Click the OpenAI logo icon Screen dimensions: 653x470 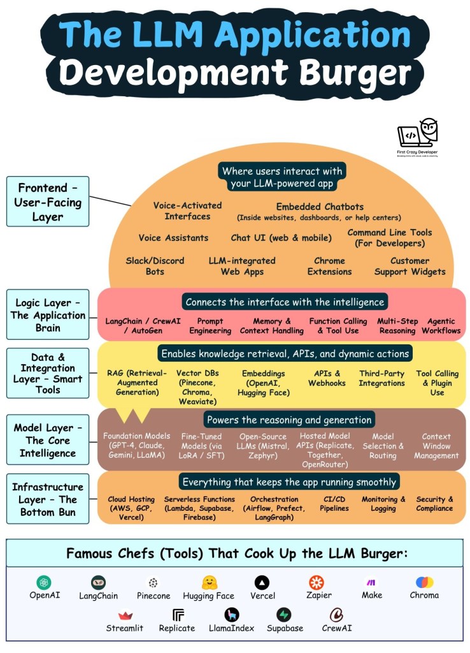44,582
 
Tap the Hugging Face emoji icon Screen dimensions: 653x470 208,582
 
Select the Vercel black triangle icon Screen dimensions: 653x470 262,582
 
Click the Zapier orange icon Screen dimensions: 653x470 317,582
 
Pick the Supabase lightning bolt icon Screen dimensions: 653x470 284,615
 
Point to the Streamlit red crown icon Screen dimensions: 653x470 125,615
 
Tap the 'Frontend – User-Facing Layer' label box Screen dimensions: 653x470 48,201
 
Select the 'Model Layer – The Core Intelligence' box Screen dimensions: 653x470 48,440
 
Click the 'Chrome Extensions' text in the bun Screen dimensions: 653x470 329,266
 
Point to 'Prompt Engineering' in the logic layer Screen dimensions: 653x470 210,326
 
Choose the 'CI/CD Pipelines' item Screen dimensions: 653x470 334,504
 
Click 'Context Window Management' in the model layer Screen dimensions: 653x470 436,446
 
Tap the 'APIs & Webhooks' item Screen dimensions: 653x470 327,378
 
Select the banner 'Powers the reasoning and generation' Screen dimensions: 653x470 288,420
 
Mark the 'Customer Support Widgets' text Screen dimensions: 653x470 409,266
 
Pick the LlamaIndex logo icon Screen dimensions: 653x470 232,615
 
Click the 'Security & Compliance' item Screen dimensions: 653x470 435,504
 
